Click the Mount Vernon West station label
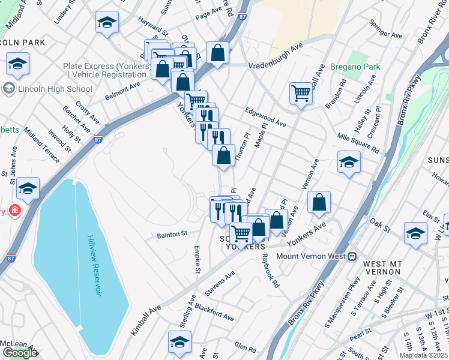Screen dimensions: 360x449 (x=312, y=256)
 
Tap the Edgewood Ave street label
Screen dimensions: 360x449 (x=265, y=116)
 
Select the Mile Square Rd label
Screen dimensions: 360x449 (x=358, y=143)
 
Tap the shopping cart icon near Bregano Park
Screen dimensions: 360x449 (x=301, y=93)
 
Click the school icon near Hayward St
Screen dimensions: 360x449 (x=107, y=23)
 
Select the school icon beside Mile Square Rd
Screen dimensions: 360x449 (x=349, y=162)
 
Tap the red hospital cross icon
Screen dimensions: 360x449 (x=13, y=211)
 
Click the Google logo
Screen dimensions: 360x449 (x=20, y=353)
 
